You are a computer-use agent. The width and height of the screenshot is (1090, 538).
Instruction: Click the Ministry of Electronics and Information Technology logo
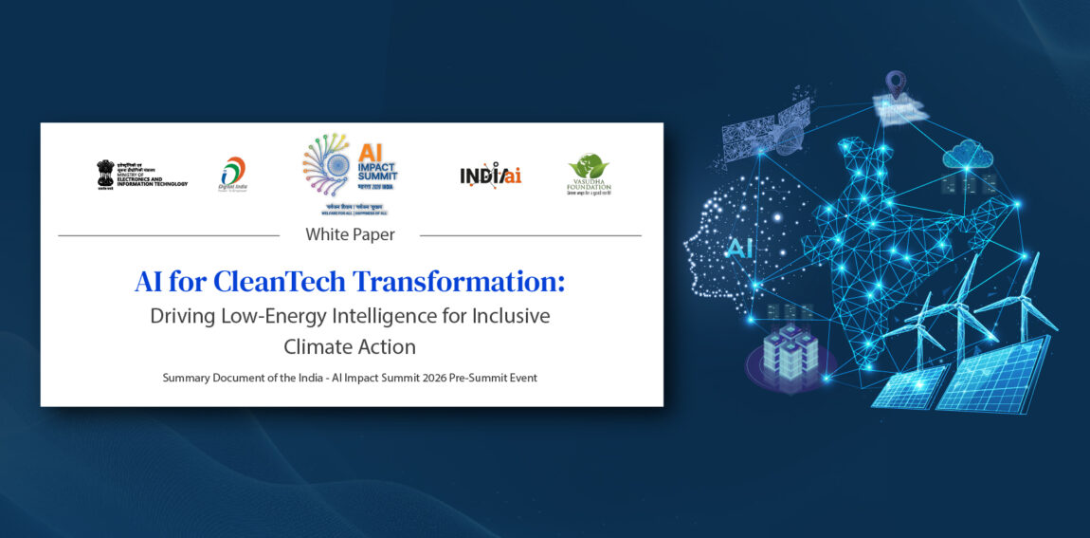pos(141,175)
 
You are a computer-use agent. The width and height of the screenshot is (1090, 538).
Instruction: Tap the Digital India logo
pos(232,175)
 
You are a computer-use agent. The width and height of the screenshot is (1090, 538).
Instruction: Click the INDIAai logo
pos(490,176)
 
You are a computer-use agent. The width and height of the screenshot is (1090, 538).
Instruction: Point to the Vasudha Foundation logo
pos(589,175)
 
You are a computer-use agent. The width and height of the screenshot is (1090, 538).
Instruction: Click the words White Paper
pos(350,234)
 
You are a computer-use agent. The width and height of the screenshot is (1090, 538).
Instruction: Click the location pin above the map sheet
pos(895,83)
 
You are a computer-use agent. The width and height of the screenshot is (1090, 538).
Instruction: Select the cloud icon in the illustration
pos(967,152)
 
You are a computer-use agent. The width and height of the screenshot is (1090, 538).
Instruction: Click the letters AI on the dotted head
pos(740,249)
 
